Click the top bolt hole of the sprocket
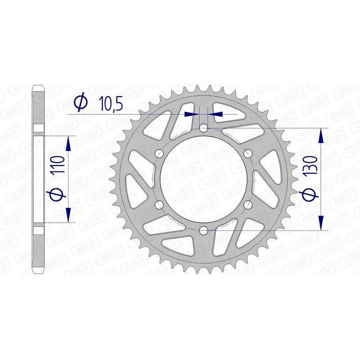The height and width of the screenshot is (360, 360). click(203, 128)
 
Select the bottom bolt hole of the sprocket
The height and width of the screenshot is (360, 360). click(203, 231)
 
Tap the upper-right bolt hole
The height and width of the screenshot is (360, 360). click(247, 154)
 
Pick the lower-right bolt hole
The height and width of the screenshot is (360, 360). click(247, 205)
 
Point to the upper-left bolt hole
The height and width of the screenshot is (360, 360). click(159, 154)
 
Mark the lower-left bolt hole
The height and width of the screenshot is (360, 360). click(159, 205)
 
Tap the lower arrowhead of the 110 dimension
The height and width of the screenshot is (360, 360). click(68, 215)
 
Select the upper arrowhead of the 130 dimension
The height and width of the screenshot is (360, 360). click(321, 135)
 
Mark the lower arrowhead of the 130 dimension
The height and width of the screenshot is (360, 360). click(321, 224)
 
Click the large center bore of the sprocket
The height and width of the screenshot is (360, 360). click(203, 180)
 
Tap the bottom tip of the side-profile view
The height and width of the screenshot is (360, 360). click(39, 274)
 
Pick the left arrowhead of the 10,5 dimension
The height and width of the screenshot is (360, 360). click(194, 114)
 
